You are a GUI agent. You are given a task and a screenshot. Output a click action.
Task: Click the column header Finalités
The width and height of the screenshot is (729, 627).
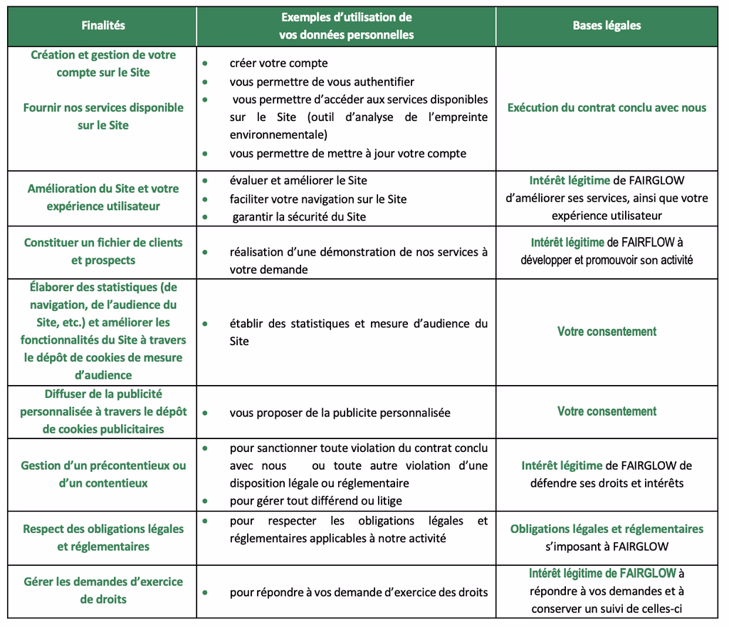tap(103, 26)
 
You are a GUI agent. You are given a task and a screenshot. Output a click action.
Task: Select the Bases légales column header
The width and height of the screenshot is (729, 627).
tap(607, 26)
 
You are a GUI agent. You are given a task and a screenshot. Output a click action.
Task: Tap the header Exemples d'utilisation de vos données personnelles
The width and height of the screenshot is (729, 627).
tap(346, 26)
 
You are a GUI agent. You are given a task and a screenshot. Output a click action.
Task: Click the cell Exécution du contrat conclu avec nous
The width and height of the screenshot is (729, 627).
tap(607, 108)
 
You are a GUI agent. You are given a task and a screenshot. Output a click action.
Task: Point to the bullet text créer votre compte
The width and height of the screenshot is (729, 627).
tap(278, 63)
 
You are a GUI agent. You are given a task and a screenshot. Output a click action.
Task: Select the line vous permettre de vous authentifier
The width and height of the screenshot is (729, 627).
tap(322, 82)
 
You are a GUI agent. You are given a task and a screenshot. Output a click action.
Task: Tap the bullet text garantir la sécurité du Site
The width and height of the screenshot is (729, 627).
tap(299, 217)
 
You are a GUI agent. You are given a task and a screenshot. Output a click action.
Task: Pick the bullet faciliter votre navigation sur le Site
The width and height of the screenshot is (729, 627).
tap(318, 199)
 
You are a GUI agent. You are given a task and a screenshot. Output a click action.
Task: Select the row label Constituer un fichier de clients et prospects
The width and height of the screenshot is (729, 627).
tap(103, 252)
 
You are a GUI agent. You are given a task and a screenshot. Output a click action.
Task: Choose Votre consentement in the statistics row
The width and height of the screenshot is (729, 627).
tap(607, 332)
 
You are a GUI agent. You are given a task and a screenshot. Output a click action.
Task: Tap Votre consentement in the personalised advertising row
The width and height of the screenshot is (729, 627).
tap(607, 411)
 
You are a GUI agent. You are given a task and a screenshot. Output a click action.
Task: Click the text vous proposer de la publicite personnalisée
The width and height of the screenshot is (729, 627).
tap(340, 413)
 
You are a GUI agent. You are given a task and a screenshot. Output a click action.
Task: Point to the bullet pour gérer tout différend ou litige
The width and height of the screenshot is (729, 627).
tap(315, 502)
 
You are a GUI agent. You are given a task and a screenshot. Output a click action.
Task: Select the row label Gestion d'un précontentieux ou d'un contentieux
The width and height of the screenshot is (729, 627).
tap(103, 475)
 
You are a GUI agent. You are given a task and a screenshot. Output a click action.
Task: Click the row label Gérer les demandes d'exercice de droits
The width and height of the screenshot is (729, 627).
tap(103, 591)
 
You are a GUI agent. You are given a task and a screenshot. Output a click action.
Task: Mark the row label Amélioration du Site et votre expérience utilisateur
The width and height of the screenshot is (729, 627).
tap(103, 198)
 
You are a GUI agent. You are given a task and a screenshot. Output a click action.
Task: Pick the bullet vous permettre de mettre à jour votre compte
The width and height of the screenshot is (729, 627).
tap(347, 154)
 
